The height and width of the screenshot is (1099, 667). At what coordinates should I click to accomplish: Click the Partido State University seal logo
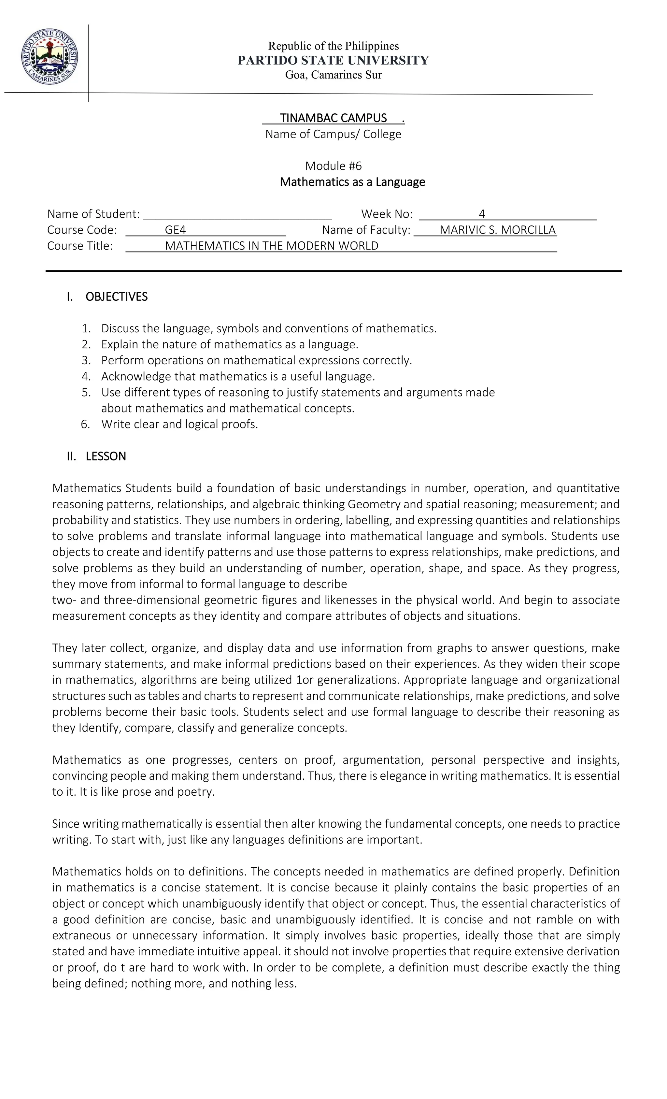pyautogui.click(x=49, y=56)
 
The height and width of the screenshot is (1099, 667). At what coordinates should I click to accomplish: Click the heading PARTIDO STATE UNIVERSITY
pyautogui.click(x=333, y=61)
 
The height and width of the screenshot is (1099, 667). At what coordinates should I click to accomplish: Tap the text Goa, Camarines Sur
pyautogui.click(x=333, y=75)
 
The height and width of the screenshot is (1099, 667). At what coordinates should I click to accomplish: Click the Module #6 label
pyautogui.click(x=333, y=166)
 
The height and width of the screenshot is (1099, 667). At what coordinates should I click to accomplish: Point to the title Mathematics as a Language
pyautogui.click(x=352, y=182)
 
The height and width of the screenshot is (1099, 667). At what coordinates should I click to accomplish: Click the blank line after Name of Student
pyautogui.click(x=237, y=214)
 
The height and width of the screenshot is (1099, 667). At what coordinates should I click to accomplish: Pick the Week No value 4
pyautogui.click(x=482, y=214)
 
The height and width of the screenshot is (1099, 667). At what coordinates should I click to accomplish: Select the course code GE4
pyautogui.click(x=175, y=230)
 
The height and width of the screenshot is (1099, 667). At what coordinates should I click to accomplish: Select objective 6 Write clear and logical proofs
pyautogui.click(x=179, y=424)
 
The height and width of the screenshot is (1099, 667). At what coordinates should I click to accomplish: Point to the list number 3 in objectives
pyautogui.click(x=86, y=360)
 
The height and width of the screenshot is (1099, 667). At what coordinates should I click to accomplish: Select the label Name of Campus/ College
pyautogui.click(x=333, y=134)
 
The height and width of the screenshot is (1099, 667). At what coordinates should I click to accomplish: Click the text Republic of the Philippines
pyautogui.click(x=333, y=46)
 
